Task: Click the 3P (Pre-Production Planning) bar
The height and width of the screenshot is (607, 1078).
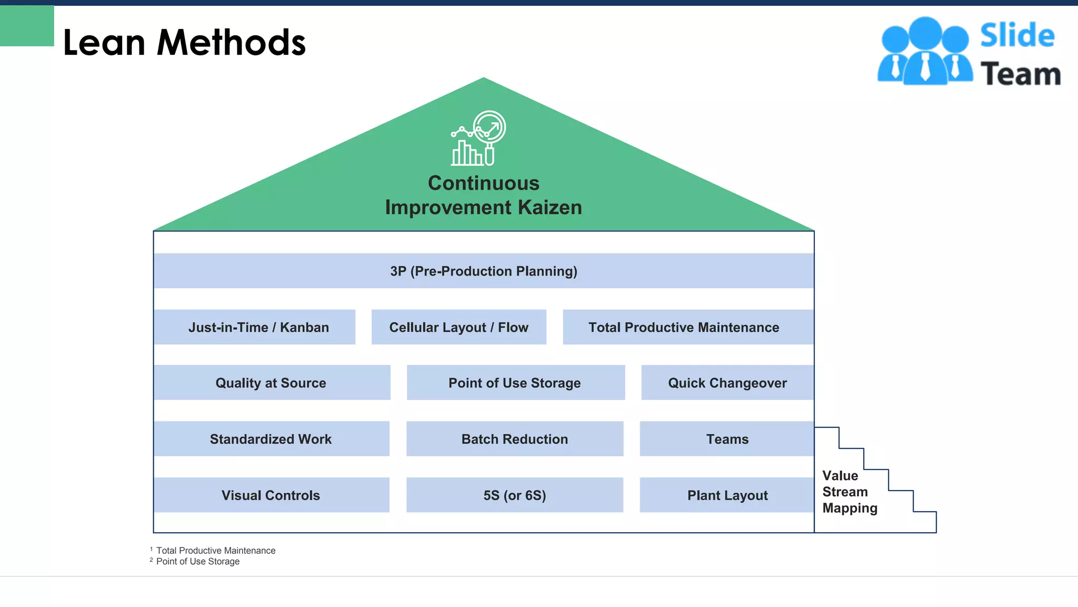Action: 484,271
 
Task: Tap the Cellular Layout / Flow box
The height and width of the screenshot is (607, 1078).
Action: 459,327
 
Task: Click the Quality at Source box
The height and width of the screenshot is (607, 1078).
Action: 272,383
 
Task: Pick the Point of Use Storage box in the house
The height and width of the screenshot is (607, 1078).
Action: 515,383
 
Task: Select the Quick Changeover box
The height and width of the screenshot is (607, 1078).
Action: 727,383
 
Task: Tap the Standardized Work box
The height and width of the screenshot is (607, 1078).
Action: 272,439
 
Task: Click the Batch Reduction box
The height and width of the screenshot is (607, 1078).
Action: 515,439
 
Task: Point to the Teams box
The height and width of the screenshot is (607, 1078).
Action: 727,439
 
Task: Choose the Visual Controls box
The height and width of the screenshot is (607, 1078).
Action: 272,495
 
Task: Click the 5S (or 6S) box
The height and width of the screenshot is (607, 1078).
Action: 515,495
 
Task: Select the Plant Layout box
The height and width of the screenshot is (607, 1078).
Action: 727,495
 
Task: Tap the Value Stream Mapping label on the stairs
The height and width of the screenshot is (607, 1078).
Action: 849,492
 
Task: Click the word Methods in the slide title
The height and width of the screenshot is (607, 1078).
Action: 231,43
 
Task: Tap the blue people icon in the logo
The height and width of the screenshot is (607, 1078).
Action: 925,52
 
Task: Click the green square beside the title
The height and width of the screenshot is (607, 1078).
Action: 27,26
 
